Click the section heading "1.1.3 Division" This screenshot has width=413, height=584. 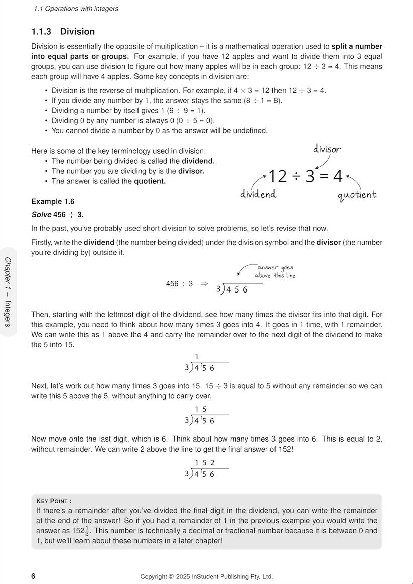pos(63,32)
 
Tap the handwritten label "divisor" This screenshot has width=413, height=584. pos(327,149)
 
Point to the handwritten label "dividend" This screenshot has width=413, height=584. pos(258,194)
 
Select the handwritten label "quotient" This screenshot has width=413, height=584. pos(357,194)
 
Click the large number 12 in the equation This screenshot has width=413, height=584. pos(278,176)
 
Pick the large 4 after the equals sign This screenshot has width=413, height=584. pos(338,176)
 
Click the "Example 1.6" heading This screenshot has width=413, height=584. pos(53,201)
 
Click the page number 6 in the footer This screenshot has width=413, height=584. pos(33,576)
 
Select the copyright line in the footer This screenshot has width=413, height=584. pos(206,577)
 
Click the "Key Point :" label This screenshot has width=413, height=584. pos(54,501)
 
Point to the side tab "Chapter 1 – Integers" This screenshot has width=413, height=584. pos(8,291)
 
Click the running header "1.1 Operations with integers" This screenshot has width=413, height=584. pos(76,9)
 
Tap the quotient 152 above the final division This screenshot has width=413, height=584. pos(205,463)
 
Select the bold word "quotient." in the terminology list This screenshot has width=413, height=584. pos(150,181)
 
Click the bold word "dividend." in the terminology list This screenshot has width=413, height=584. pos(198,161)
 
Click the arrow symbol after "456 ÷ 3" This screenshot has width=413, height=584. pos(204,284)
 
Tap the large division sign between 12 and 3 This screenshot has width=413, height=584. pos(297,176)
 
